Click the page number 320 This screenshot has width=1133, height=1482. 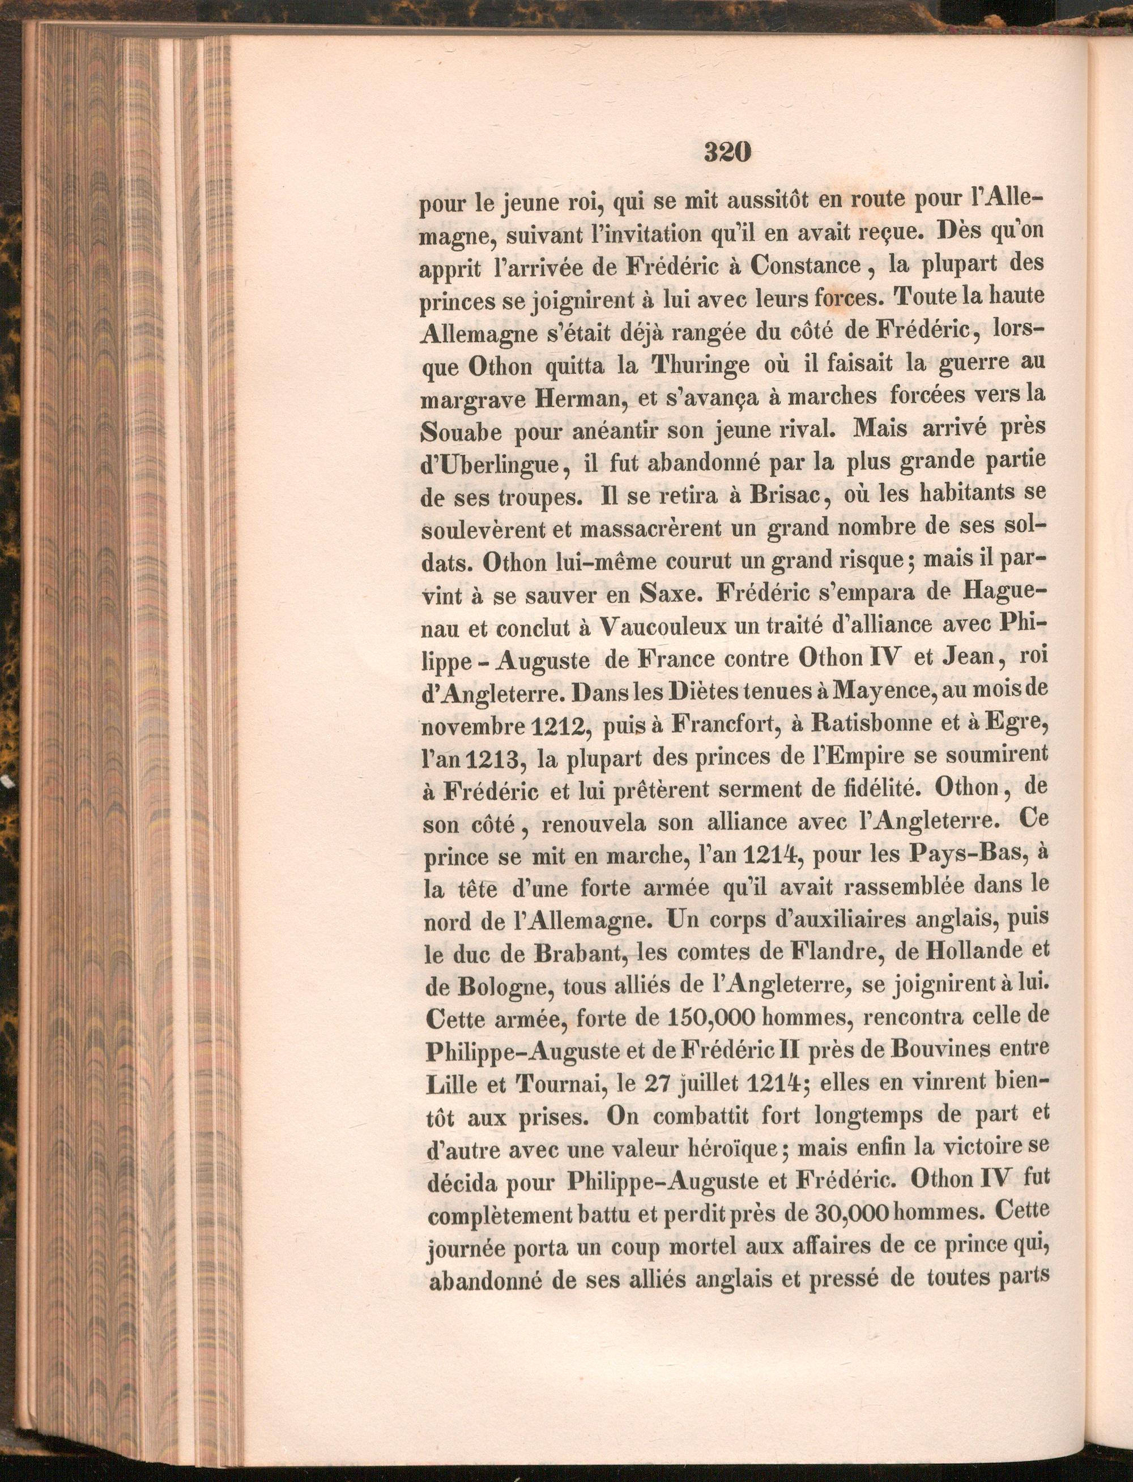(727, 153)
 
